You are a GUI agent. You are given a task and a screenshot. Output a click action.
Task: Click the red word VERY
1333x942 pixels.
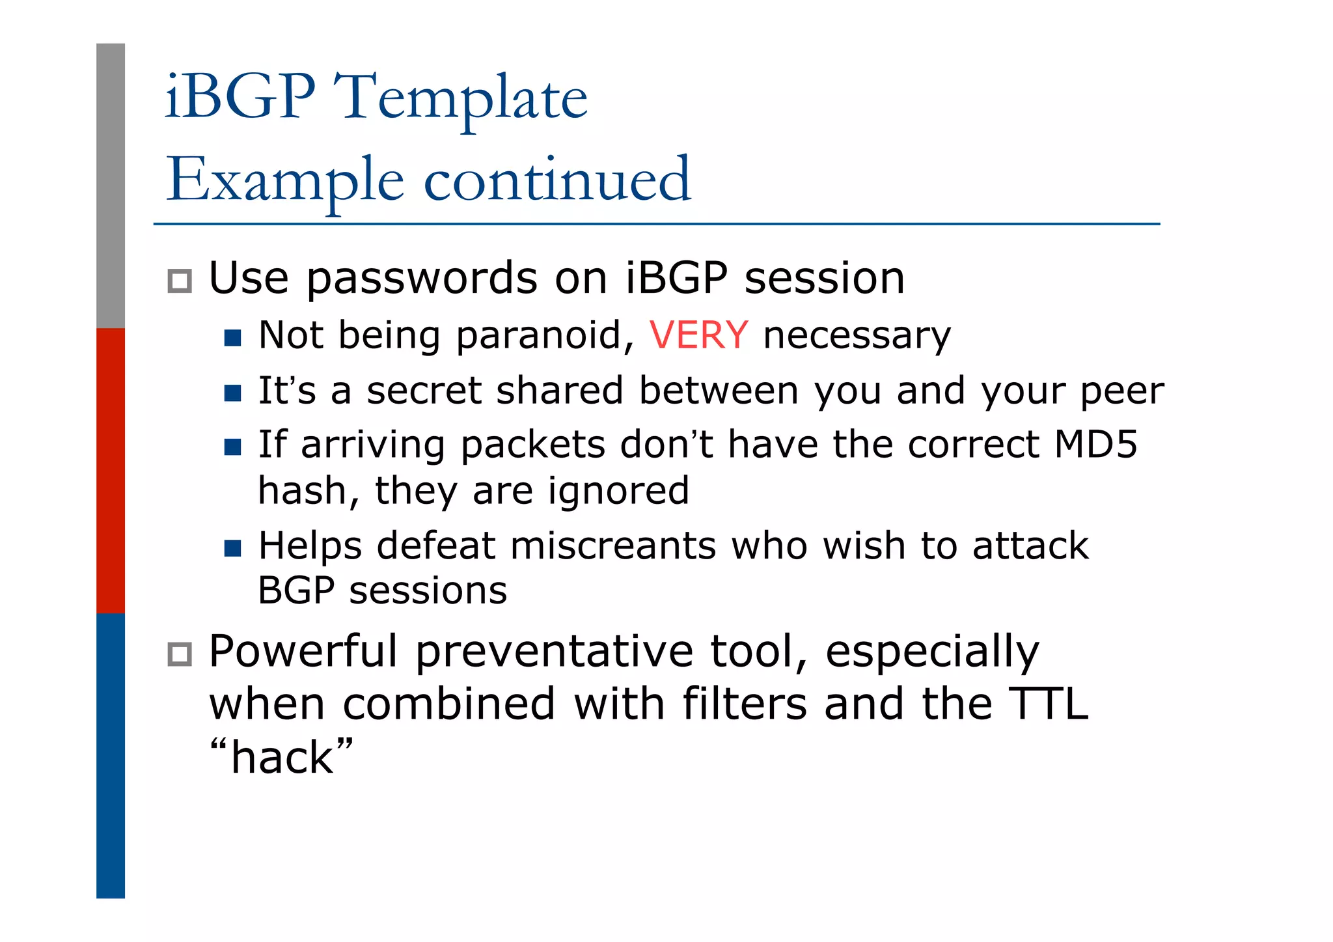click(698, 335)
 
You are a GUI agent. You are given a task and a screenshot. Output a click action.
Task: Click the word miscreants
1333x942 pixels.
click(612, 546)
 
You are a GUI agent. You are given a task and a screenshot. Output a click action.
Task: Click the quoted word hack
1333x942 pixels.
click(282, 757)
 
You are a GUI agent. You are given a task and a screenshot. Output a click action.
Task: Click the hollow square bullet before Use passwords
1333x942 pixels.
click(180, 281)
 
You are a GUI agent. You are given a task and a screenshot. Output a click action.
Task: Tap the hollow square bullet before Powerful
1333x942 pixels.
click(180, 654)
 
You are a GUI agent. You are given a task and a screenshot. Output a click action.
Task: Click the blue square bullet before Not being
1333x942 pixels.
click(232, 338)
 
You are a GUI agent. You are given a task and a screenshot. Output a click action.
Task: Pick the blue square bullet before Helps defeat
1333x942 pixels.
click(232, 548)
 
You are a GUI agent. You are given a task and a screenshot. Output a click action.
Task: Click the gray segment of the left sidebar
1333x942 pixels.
click(111, 186)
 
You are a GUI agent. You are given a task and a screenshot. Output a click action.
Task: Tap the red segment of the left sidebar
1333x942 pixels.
click(111, 470)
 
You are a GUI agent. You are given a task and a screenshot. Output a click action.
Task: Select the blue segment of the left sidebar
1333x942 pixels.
click(111, 755)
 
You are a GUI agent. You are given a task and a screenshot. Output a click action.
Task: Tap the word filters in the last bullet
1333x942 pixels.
click(745, 704)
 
